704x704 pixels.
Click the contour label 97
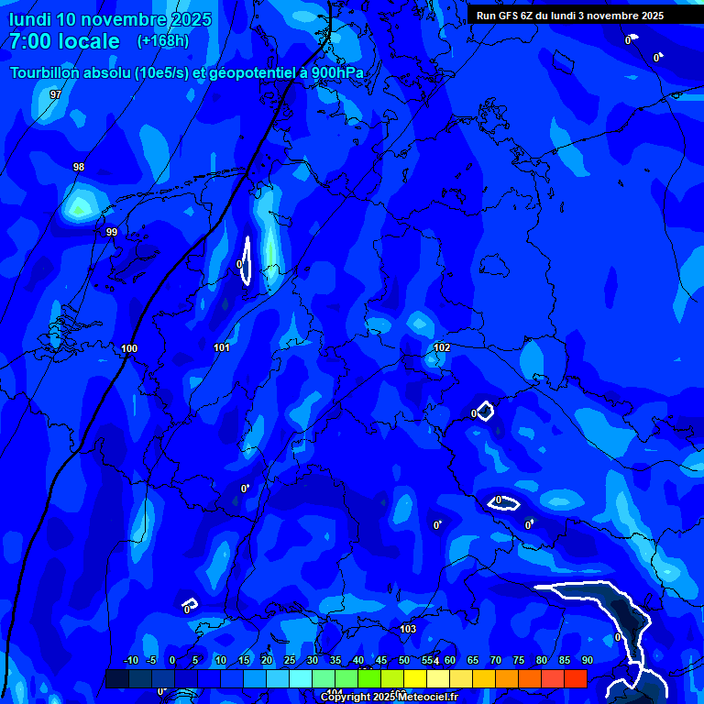point(56,94)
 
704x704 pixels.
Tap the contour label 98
point(79,167)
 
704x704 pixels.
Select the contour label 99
point(112,232)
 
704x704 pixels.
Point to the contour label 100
point(129,348)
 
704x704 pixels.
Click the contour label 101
point(222,347)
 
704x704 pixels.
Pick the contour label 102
point(442,347)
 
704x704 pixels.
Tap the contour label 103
point(408,629)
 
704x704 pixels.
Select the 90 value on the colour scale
point(587,661)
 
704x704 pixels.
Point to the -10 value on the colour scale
point(130,661)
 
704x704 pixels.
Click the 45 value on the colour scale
point(380,661)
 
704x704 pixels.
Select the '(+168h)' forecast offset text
point(163,41)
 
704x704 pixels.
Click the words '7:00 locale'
point(64,41)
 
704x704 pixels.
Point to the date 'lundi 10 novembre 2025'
point(110,19)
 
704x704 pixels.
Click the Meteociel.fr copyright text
point(389,697)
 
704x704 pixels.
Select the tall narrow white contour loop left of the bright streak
point(247,261)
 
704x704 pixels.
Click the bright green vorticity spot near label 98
point(79,208)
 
